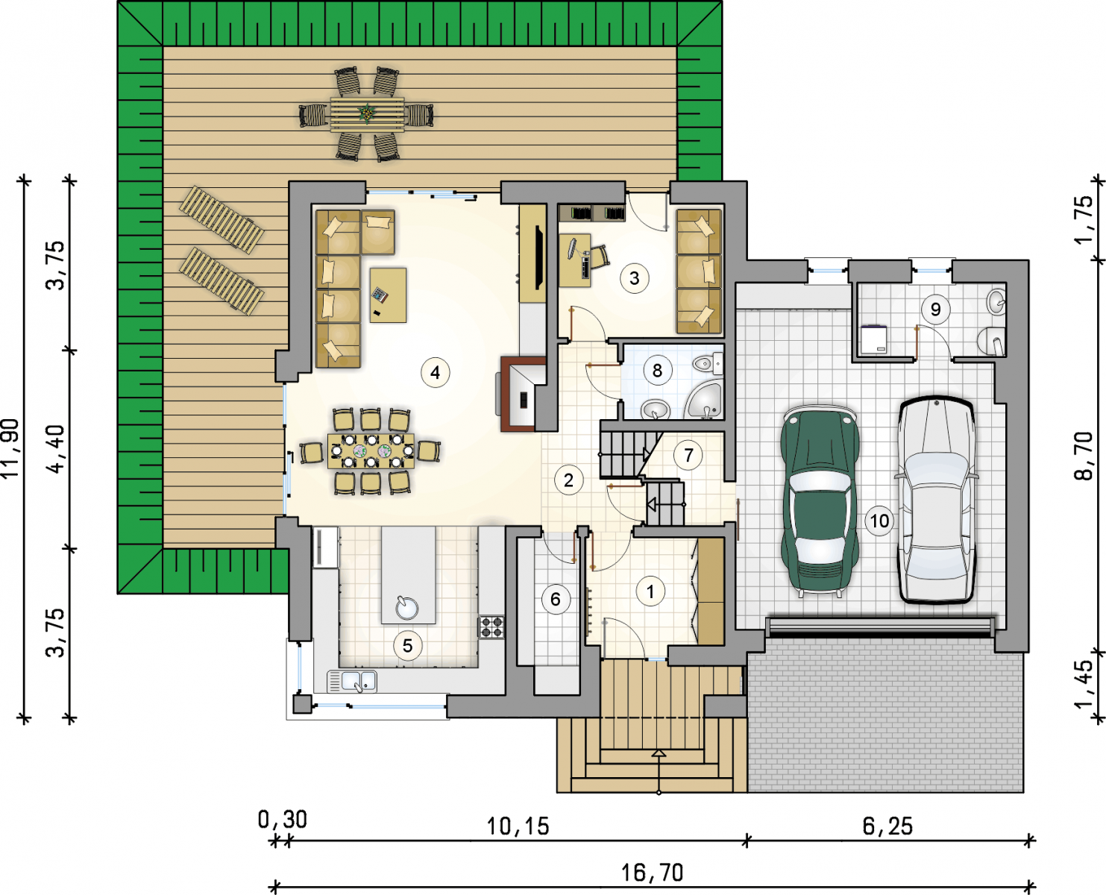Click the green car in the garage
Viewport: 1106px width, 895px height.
[x=820, y=500]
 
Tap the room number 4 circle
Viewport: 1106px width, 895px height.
[x=435, y=372]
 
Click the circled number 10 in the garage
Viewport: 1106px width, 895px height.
[x=879, y=521]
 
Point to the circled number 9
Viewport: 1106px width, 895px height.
[x=935, y=310]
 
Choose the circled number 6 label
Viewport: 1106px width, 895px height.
[x=555, y=600]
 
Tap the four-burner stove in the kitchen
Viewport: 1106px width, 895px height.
[x=491, y=626]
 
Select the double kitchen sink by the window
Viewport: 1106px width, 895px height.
[x=352, y=682]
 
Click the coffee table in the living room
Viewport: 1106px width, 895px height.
[x=388, y=295]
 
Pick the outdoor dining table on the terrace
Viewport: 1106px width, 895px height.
[x=367, y=113]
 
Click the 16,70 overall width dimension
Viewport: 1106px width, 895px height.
[x=652, y=873]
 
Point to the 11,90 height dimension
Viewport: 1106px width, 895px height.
[x=11, y=448]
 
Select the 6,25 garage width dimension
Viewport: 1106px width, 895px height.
[x=887, y=826]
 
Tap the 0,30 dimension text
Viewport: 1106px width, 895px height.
[x=283, y=820]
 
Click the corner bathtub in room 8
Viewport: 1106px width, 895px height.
[x=704, y=399]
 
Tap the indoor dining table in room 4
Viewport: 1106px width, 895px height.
[x=371, y=451]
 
